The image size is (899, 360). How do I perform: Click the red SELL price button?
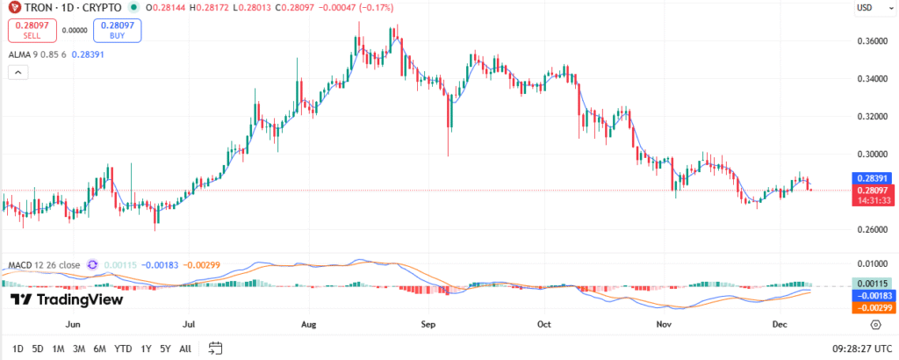click(32, 30)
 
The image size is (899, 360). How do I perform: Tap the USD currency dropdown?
click(867, 9)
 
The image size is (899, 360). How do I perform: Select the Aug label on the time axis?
click(307, 324)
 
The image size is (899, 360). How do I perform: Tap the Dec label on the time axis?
click(780, 324)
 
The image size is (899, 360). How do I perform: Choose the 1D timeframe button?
click(18, 349)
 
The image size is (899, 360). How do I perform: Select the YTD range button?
click(123, 349)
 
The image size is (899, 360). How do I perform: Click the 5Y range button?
click(165, 349)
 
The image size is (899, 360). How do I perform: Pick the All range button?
click(185, 349)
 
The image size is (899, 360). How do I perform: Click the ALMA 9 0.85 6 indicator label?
click(38, 54)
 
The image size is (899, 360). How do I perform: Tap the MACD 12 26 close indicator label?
click(44, 264)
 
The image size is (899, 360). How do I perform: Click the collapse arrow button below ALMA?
click(15, 73)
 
